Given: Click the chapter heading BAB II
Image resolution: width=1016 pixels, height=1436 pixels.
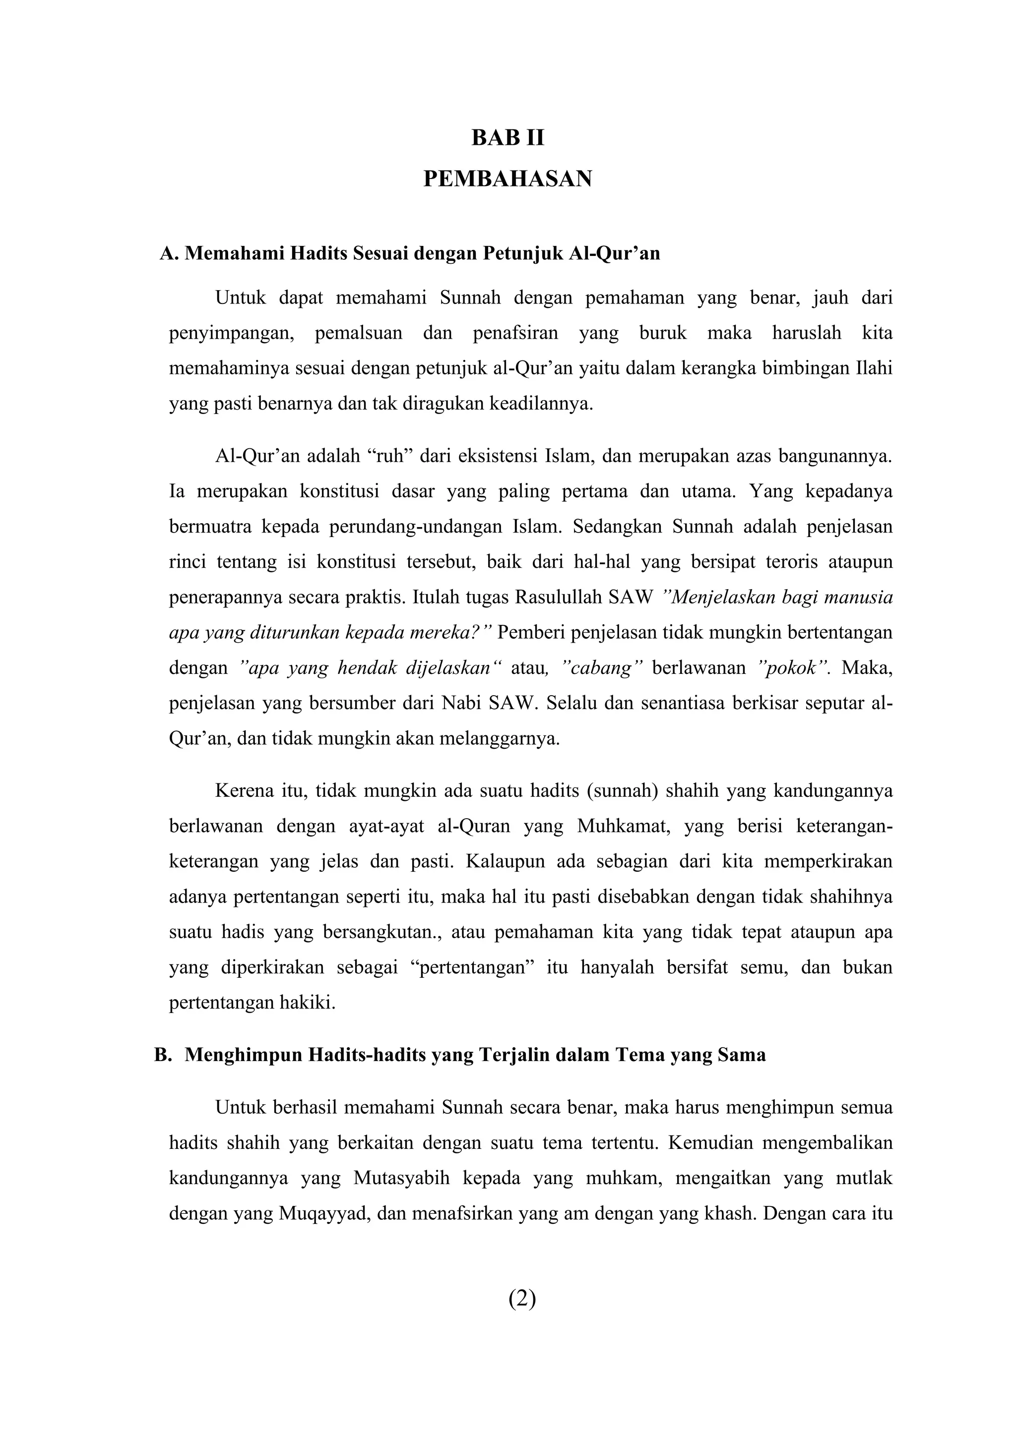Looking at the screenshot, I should pyautogui.click(x=508, y=138).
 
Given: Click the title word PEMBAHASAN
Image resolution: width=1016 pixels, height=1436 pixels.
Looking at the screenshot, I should pyautogui.click(x=508, y=179).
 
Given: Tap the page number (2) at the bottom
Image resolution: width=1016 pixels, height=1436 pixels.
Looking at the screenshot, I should pyautogui.click(x=522, y=1299).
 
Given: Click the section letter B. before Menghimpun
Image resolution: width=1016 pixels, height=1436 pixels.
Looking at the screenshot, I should pyautogui.click(x=163, y=1055).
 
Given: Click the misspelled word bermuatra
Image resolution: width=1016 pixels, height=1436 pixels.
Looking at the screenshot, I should pyautogui.click(x=209, y=527).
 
